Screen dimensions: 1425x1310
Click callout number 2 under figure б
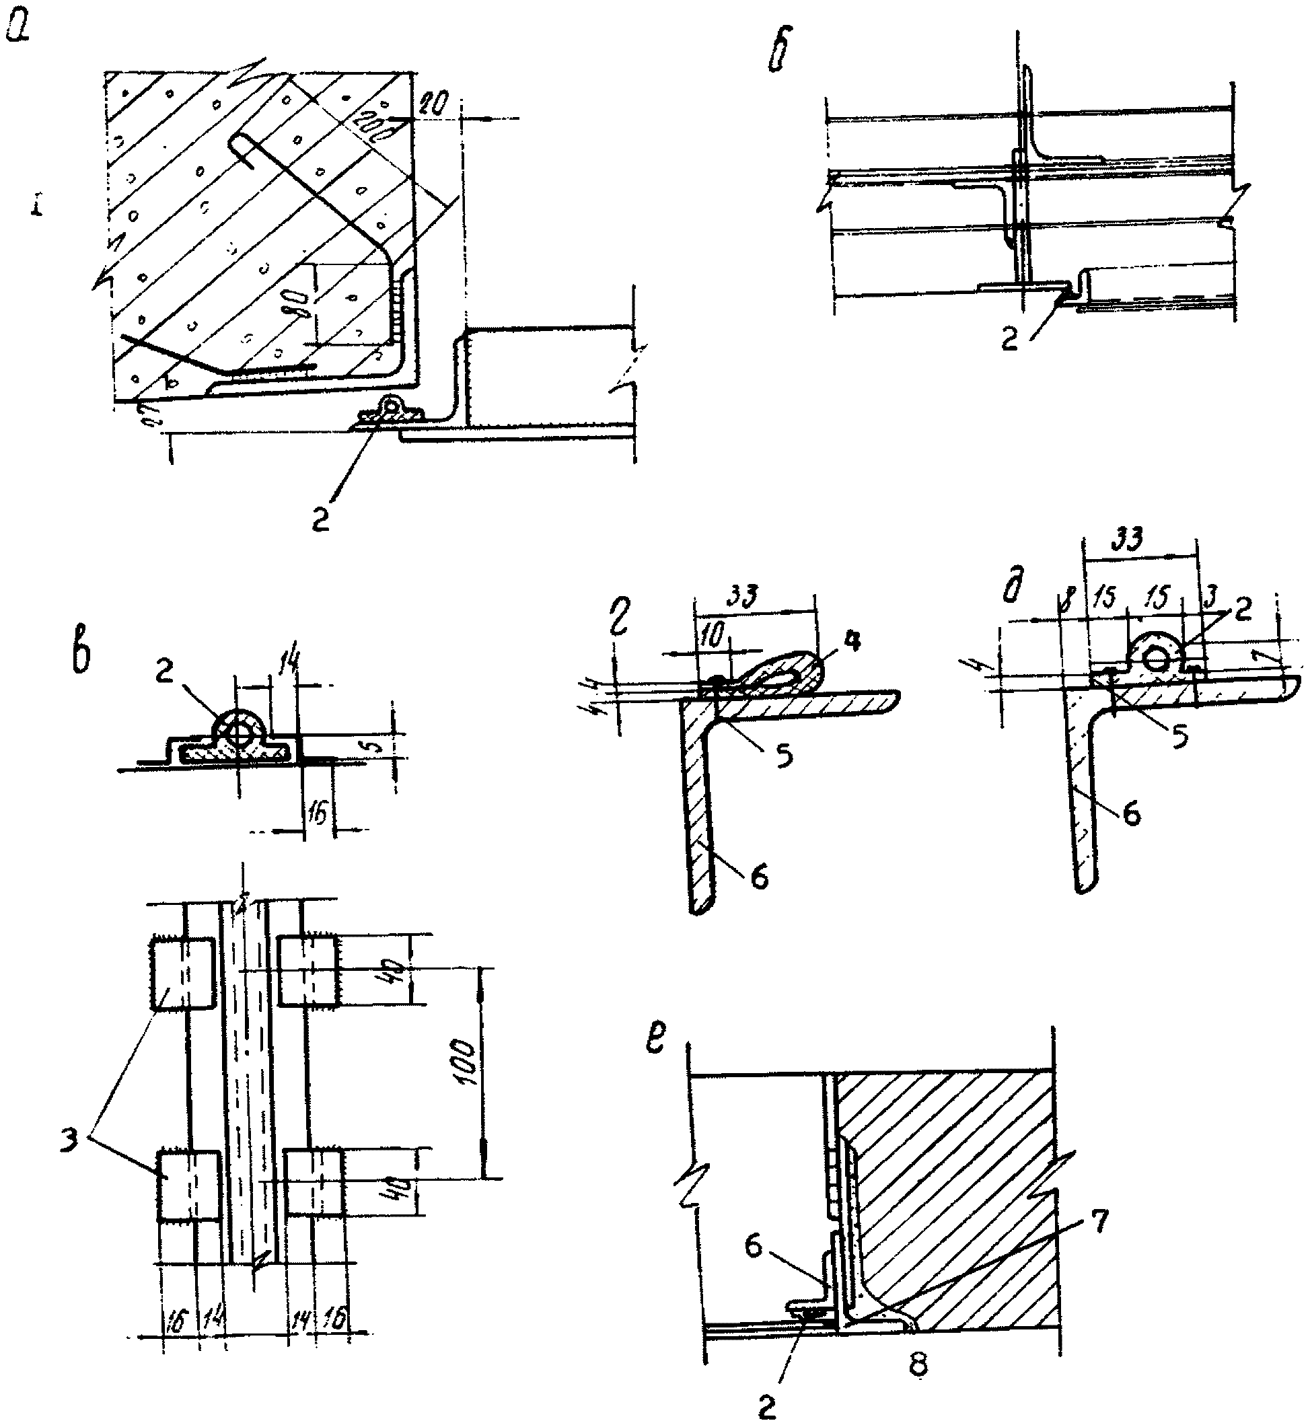[1009, 340]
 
